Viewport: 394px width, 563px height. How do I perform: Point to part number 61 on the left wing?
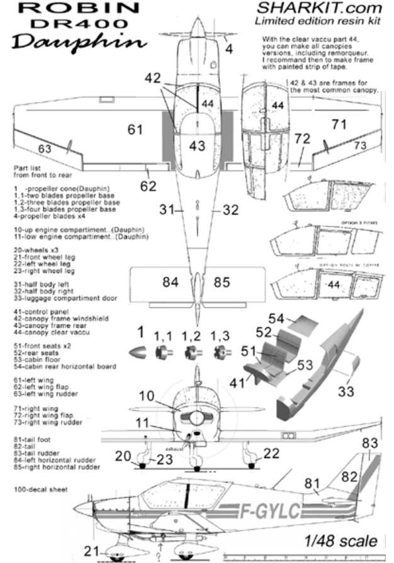pyautogui.click(x=135, y=130)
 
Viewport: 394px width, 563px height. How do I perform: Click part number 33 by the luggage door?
pyautogui.click(x=345, y=393)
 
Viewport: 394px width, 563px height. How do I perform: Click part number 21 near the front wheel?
pyautogui.click(x=93, y=551)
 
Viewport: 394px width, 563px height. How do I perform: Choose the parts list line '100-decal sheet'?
pyautogui.click(x=39, y=488)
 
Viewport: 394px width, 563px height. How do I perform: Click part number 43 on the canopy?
pyautogui.click(x=197, y=146)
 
